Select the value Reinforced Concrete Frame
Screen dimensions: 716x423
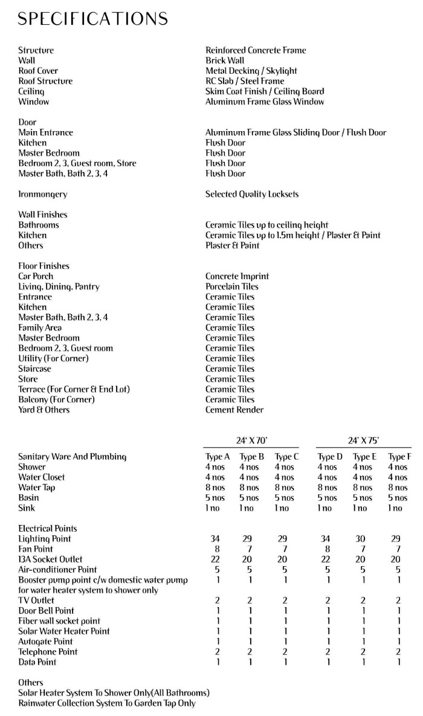(256, 50)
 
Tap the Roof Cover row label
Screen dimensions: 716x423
(38, 71)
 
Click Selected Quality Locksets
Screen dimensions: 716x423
(252, 194)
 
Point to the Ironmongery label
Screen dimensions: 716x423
(42, 194)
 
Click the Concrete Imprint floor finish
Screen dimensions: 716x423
(237, 276)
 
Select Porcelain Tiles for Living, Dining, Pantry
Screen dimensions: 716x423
(231, 286)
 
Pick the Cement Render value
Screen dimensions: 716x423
(234, 410)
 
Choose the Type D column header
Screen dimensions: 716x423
(330, 457)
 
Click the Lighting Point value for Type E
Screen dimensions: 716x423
(363, 538)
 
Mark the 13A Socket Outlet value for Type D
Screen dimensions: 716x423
(328, 559)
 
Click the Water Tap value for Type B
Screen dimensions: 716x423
(249, 488)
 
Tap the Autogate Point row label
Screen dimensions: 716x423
(45, 641)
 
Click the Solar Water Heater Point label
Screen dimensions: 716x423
(64, 631)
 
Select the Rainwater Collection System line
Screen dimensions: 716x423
(107, 703)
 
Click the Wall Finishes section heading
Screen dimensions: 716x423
(42, 214)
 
